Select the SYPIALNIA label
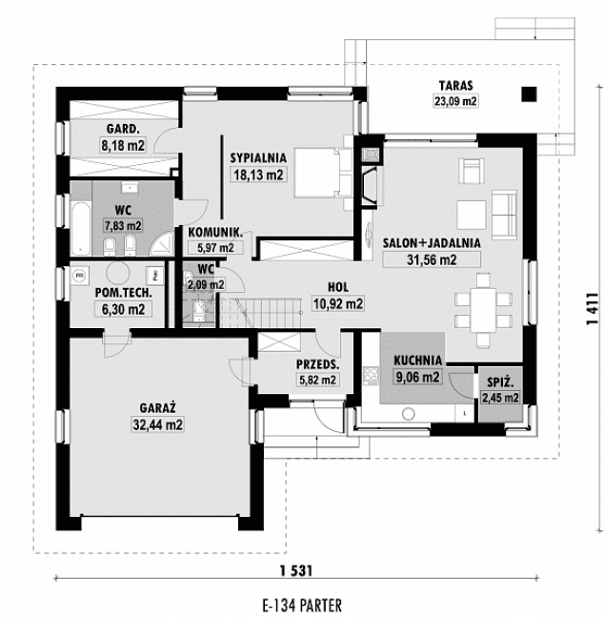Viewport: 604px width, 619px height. click(x=257, y=157)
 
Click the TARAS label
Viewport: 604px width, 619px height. click(x=456, y=84)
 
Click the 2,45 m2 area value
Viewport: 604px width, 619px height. click(x=498, y=398)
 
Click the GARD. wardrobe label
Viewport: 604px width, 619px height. click(x=123, y=130)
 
